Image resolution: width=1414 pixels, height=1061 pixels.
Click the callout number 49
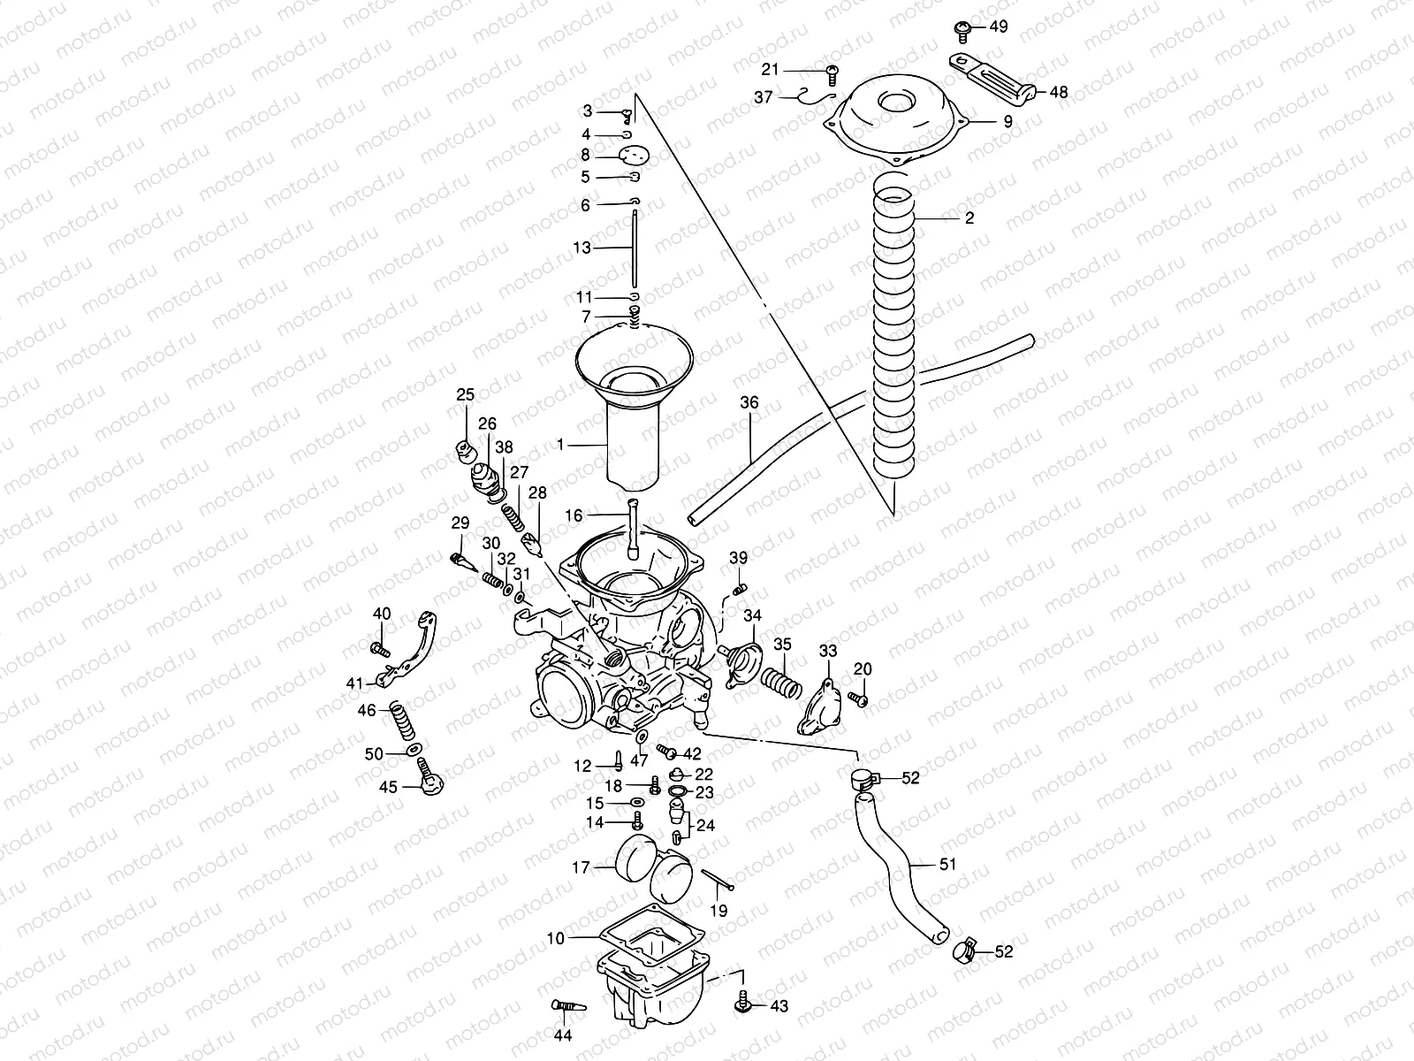[x=998, y=27]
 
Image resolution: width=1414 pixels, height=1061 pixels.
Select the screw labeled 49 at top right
[x=963, y=30]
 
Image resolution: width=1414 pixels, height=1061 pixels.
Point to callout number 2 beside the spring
[x=969, y=218]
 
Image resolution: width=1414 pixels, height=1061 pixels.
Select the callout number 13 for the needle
[x=582, y=248]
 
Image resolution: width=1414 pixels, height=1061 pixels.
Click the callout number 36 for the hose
[x=749, y=403]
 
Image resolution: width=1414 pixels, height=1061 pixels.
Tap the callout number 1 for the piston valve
[x=559, y=446]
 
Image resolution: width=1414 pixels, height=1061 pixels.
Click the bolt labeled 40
[x=381, y=650]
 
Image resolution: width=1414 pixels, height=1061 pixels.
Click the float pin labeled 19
[x=717, y=881]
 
